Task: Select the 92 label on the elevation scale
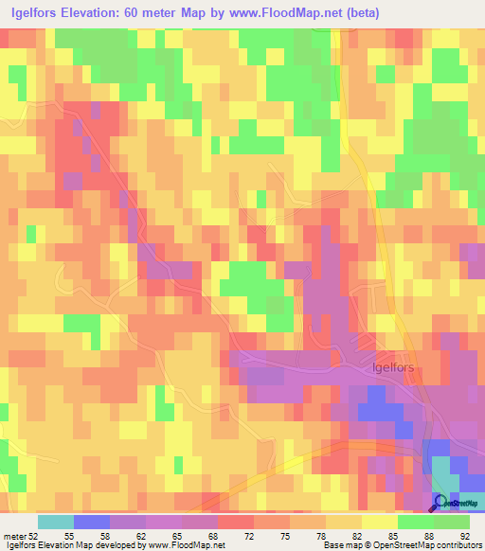pos(464,535)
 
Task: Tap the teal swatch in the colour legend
pos(56,522)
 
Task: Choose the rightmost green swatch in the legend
pos(452,522)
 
